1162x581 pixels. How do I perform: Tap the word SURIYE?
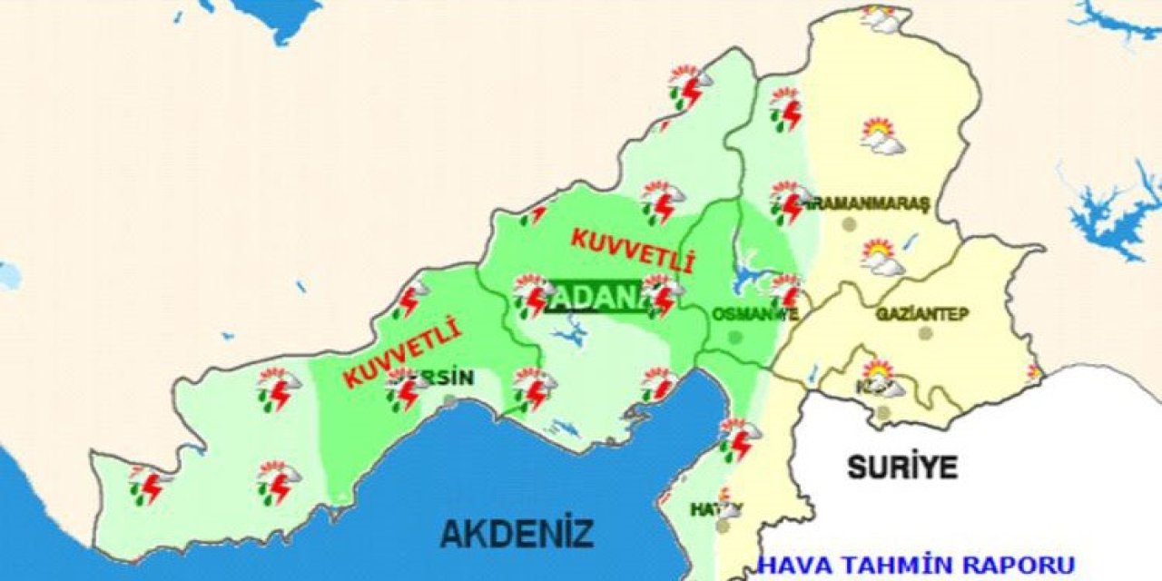pos(902,467)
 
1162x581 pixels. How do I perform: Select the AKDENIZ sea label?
pos(517,533)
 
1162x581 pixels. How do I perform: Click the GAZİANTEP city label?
pos(922,314)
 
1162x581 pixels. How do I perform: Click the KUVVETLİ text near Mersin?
pos(402,353)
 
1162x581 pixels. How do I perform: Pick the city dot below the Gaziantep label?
pos(925,333)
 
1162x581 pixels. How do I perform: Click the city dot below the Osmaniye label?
pos(735,337)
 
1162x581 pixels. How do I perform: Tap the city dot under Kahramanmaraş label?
pos(849,223)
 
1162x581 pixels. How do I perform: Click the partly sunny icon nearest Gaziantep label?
pos(881,258)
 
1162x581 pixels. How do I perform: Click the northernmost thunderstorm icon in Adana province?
pos(689,86)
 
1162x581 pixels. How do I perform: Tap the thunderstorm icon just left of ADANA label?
pos(533,295)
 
